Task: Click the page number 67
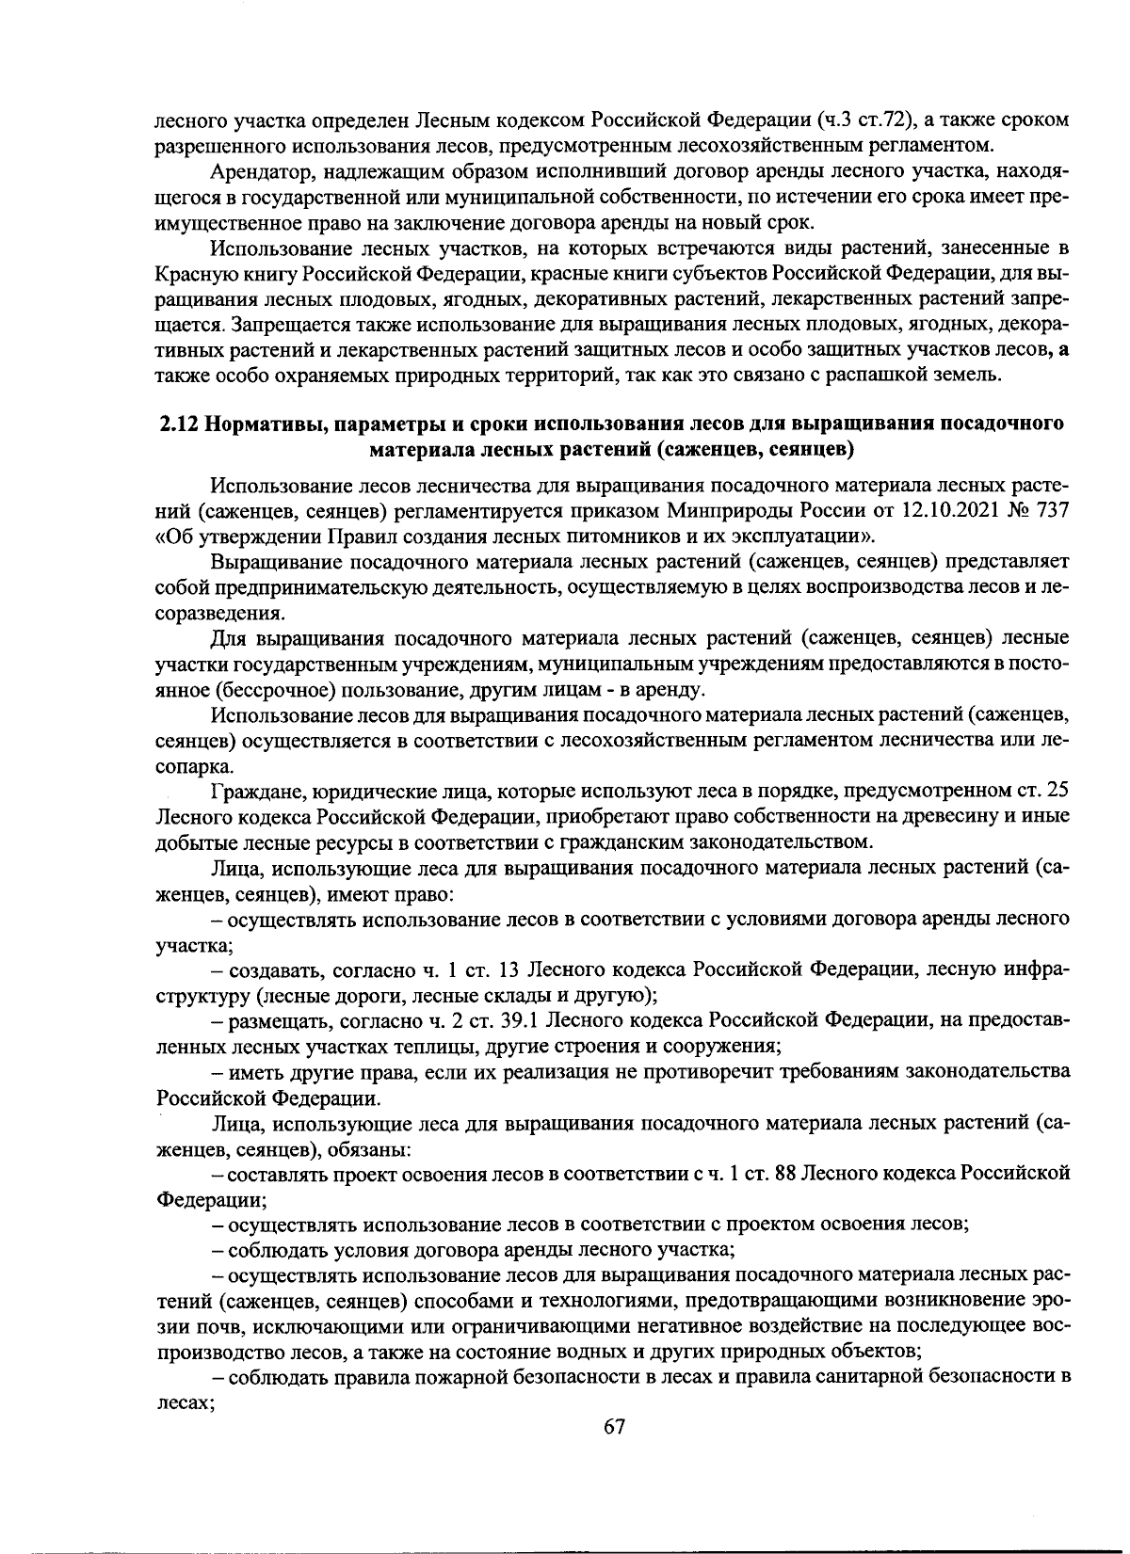point(614,1426)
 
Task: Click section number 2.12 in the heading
point(176,424)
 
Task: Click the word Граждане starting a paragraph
point(251,790)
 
